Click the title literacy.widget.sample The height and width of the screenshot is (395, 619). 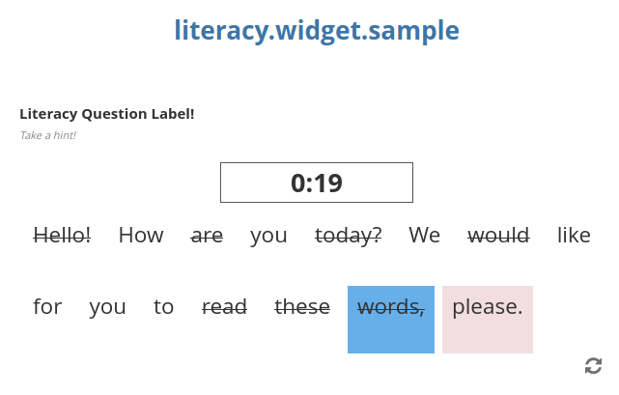(x=317, y=31)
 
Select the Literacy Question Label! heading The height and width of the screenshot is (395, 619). (x=106, y=114)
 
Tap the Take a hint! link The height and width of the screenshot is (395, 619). (x=47, y=135)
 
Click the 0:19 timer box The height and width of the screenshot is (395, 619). (x=317, y=183)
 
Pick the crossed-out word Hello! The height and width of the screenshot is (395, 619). (x=62, y=235)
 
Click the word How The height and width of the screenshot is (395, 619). (x=141, y=235)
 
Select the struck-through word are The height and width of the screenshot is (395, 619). (x=207, y=235)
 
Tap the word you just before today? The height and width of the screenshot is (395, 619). (x=268, y=235)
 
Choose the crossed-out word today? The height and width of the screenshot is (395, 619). (x=349, y=235)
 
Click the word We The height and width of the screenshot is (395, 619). (x=425, y=235)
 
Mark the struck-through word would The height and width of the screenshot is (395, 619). (x=498, y=235)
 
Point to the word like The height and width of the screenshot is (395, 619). (x=574, y=235)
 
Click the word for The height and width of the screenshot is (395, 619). (x=47, y=307)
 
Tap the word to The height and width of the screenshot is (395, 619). (x=164, y=307)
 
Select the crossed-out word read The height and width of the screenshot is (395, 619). (x=224, y=307)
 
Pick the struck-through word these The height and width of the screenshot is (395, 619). (x=302, y=307)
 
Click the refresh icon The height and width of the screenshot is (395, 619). (x=594, y=366)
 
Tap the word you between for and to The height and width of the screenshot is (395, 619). (x=107, y=307)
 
